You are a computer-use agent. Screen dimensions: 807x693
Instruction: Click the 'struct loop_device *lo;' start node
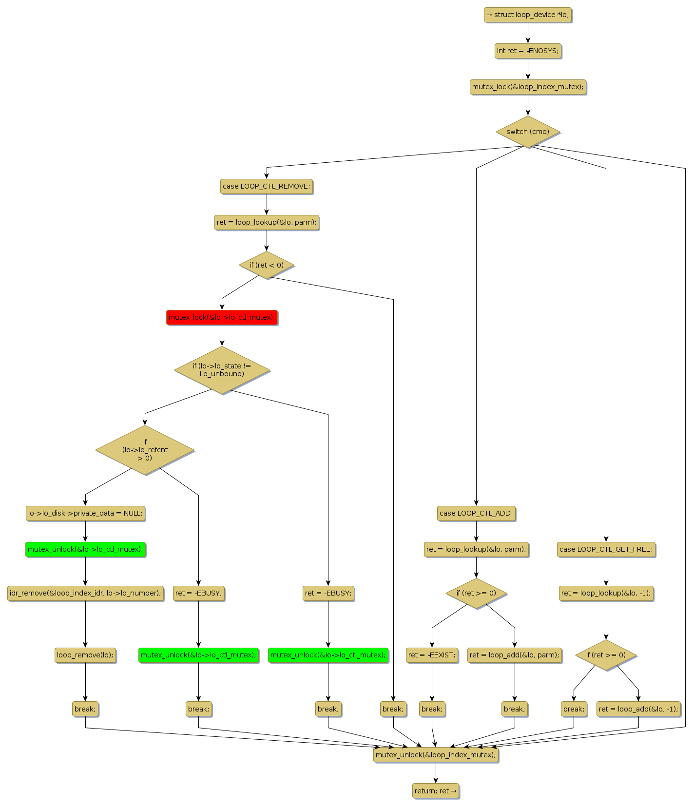[528, 15]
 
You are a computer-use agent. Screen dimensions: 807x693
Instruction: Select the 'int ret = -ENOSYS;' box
[528, 51]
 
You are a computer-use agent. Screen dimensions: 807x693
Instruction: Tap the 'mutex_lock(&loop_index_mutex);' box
[528, 87]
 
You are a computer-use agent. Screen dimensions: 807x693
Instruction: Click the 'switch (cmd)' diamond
[528, 132]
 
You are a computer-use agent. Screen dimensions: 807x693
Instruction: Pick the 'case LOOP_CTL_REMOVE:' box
[267, 186]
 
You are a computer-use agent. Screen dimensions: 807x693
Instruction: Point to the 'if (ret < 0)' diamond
[267, 265]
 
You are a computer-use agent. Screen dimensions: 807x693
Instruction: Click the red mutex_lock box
[222, 317]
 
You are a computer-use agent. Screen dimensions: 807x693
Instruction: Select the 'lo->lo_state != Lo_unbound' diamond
[222, 370]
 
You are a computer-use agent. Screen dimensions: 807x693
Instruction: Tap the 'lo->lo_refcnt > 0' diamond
[145, 450]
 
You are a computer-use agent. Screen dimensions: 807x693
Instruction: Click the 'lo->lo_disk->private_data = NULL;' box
[85, 513]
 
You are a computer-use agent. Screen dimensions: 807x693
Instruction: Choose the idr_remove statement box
[85, 593]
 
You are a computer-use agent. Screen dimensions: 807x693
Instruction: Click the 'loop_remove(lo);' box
[85, 655]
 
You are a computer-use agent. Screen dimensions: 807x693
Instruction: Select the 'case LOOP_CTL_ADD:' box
[476, 513]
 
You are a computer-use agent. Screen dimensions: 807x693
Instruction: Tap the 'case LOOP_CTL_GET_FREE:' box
[606, 549]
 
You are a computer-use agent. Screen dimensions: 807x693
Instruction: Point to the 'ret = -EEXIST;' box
[432, 655]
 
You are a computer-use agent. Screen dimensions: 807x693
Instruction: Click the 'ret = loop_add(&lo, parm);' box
[515, 655]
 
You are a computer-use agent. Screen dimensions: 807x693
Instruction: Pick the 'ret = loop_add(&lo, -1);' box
[638, 709]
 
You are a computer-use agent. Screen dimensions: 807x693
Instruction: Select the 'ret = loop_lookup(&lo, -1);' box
[606, 593]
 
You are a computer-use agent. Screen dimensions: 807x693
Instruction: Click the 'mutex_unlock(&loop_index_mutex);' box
[436, 755]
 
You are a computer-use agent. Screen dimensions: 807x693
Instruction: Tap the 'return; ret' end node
[436, 791]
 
